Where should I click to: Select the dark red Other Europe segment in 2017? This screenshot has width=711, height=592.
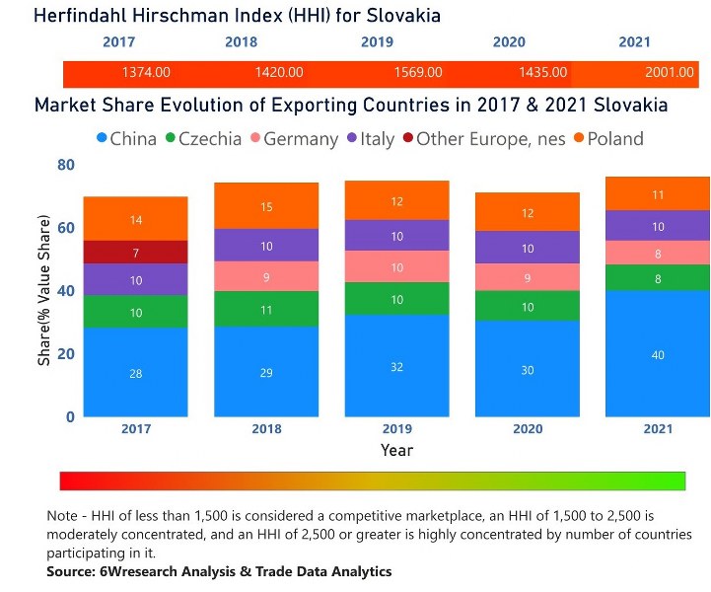click(135, 253)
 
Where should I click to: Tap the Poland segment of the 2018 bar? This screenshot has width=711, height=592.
click(266, 206)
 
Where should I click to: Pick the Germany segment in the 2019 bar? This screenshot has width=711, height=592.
click(397, 267)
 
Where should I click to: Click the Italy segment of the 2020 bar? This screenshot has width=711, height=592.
click(528, 248)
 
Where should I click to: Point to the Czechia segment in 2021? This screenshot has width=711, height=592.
click(658, 278)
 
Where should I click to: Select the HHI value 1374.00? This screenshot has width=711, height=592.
click(146, 72)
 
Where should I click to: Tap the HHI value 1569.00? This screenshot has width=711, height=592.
click(418, 72)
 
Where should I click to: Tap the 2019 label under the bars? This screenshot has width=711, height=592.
click(397, 429)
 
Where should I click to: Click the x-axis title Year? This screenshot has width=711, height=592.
click(396, 451)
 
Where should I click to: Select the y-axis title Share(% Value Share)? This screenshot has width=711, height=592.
click(44, 291)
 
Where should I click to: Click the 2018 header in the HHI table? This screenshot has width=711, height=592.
click(241, 42)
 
